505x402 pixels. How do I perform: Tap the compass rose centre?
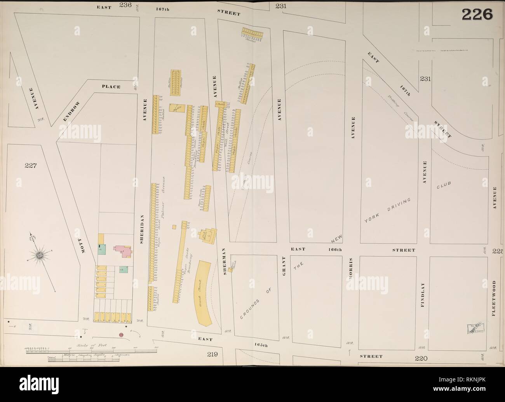pyautogui.click(x=40, y=255)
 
